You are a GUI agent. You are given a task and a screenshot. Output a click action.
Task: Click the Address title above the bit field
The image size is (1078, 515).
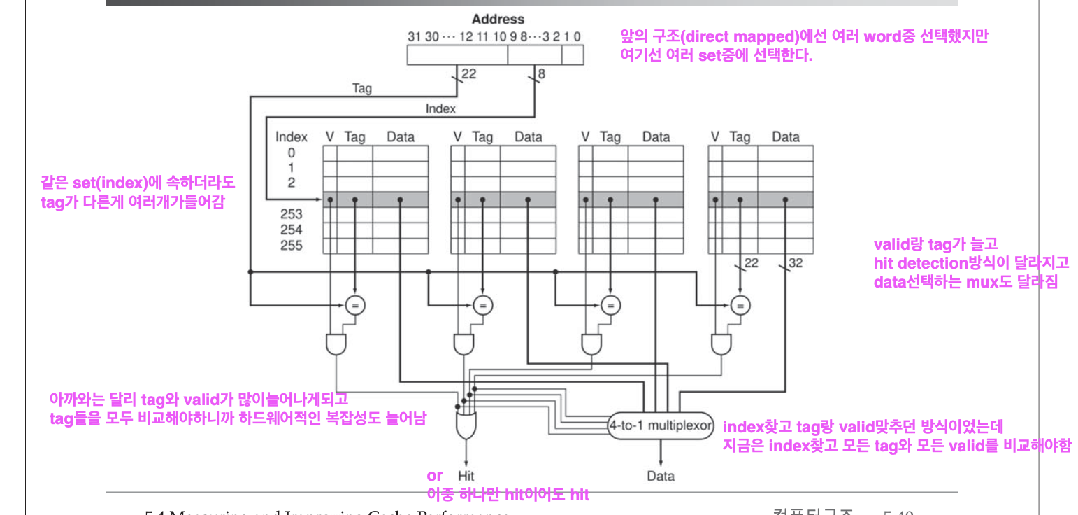pyautogui.click(x=498, y=20)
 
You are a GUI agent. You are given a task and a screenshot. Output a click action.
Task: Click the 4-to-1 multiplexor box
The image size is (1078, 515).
pyautogui.click(x=660, y=425)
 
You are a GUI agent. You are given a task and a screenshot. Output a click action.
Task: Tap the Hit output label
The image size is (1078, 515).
pyautogui.click(x=466, y=476)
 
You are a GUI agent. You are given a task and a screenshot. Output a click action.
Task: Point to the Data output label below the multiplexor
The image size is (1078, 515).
pyautogui.click(x=661, y=476)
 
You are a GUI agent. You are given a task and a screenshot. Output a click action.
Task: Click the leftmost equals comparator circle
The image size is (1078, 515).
pyautogui.click(x=355, y=304)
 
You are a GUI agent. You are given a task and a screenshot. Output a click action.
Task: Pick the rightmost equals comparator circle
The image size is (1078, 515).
pyautogui.click(x=740, y=304)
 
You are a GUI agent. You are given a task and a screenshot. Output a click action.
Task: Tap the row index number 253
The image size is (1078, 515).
pyautogui.click(x=291, y=214)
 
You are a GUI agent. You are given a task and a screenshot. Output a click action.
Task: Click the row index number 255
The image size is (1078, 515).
pyautogui.click(x=291, y=246)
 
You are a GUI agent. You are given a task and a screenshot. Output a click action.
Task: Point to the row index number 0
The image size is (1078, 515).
pyautogui.click(x=291, y=153)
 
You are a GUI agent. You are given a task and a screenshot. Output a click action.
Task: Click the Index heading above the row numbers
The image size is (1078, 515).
pyautogui.click(x=291, y=137)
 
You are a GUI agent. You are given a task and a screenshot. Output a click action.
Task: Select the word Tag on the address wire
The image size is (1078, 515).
pyautogui.click(x=361, y=89)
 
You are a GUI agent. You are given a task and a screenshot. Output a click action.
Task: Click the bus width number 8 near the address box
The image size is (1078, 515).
pyautogui.click(x=541, y=72)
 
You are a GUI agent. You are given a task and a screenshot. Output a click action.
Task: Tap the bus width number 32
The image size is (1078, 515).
pyautogui.click(x=796, y=263)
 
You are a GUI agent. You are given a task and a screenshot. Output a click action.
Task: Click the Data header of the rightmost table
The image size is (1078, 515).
pyautogui.click(x=786, y=137)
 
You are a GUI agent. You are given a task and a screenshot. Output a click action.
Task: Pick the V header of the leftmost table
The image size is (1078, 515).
pyautogui.click(x=330, y=137)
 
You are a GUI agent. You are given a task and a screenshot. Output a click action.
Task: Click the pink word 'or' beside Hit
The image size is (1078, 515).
pyautogui.click(x=435, y=476)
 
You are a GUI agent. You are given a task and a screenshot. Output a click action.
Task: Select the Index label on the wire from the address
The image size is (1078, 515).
pyautogui.click(x=440, y=108)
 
